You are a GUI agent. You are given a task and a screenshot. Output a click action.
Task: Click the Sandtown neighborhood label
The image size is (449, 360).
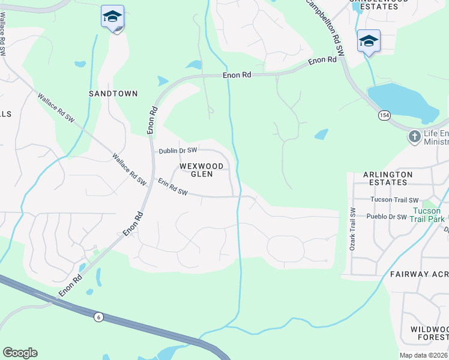113,94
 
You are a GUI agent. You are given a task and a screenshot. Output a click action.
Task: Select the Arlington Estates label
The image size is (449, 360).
388,179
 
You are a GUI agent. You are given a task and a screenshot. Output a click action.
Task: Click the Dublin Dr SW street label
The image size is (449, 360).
178,151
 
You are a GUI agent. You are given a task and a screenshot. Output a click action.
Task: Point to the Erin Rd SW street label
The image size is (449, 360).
173,187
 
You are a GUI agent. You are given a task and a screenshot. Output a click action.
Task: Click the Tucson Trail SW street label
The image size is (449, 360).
394,200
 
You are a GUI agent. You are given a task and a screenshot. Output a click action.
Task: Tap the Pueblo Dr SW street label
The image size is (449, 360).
385,217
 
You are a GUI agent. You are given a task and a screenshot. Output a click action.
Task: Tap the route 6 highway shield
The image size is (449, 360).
98,316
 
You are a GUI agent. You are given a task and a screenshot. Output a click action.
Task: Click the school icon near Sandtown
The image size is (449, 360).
112,17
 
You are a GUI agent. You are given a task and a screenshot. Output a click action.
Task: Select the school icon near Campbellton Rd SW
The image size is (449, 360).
369,41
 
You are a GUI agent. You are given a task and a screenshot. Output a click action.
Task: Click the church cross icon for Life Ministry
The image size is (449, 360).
414,137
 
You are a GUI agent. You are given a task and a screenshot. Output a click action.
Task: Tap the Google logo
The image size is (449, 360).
20,353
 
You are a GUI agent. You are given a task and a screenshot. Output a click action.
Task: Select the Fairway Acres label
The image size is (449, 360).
419,274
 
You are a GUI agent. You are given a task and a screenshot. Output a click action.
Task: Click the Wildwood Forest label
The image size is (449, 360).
429,333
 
